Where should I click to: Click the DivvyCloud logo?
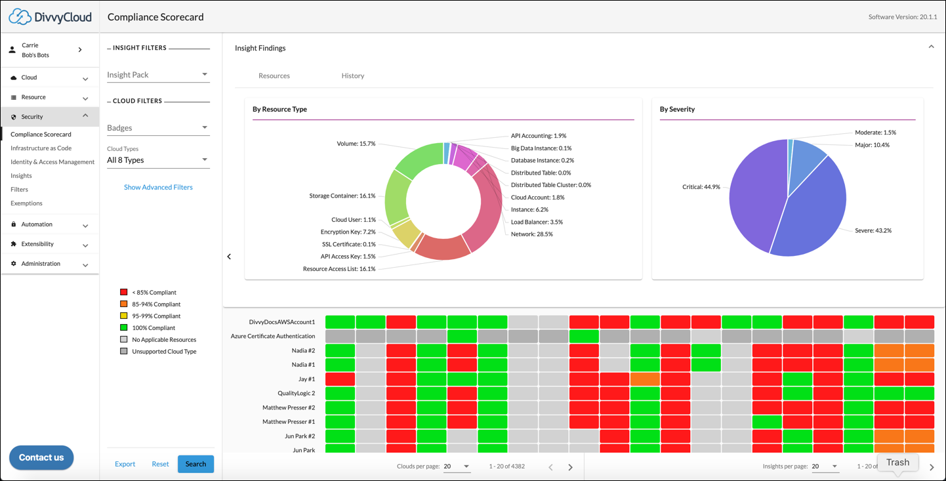50,17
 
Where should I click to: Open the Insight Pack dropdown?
157,75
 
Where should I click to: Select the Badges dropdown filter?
157,128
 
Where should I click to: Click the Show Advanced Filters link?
158,187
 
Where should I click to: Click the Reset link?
160,464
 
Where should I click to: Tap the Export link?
125,464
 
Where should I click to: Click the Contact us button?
41,457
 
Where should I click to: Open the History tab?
352,75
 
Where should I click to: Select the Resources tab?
274,75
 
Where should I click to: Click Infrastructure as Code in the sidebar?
41,148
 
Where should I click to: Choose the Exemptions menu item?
26,203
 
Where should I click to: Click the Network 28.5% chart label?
531,234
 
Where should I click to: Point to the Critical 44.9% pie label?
701,187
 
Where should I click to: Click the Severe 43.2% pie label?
873,231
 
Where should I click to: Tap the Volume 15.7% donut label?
356,144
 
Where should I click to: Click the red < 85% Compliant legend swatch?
123,293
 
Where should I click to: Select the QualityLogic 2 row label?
296,393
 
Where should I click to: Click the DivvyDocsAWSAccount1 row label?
282,322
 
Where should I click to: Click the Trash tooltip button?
897,462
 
